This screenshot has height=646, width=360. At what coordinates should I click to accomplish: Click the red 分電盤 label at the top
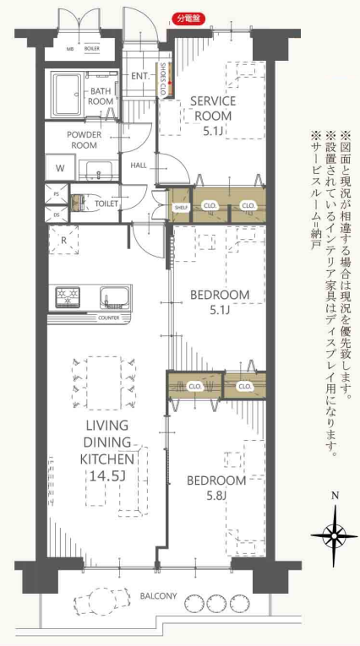187,18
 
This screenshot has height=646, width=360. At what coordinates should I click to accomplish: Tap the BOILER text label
93,49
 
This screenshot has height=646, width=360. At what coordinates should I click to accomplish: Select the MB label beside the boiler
70,49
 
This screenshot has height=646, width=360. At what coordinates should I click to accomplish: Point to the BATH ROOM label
101,95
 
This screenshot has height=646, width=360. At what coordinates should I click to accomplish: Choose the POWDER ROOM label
89,138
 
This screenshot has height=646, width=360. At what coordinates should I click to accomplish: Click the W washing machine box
60,168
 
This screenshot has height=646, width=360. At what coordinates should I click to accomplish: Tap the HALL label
139,165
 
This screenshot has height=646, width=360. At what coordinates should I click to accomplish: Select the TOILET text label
107,204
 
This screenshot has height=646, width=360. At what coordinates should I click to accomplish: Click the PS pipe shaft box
57,194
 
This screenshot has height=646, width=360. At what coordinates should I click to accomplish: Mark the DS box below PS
57,214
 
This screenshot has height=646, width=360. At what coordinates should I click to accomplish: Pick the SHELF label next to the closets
180,207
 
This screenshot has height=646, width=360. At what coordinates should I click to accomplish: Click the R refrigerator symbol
64,241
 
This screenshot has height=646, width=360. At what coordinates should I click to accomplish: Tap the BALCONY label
159,596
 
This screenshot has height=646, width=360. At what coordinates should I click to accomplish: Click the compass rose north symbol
335,532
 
